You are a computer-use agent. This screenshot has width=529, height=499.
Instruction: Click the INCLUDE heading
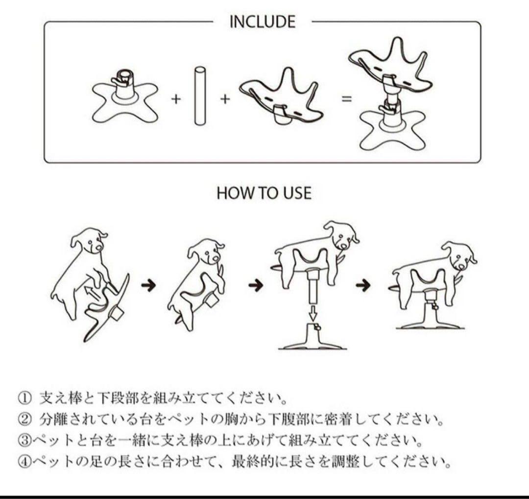pyautogui.click(x=263, y=22)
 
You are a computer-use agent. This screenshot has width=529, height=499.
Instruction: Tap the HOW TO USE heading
pyautogui.click(x=264, y=193)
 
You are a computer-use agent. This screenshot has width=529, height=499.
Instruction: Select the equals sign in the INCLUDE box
pyautogui.click(x=347, y=98)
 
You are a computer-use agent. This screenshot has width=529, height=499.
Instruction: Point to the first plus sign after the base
pyautogui.click(x=176, y=99)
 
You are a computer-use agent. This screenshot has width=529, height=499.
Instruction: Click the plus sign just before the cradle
pyautogui.click(x=225, y=99)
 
